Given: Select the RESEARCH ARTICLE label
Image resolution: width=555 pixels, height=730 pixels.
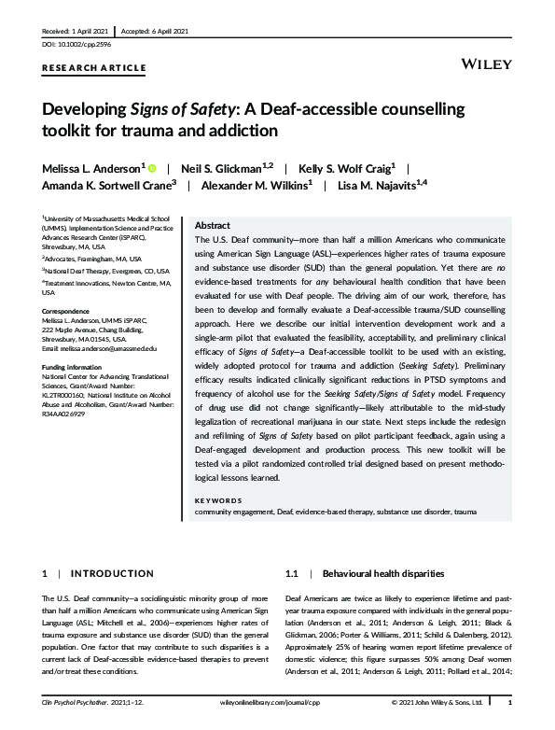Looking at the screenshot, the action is pos(94,68).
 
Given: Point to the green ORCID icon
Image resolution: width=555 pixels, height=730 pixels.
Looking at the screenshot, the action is pos(152,168).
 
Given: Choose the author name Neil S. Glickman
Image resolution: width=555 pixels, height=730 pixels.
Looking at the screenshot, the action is pos(225,168).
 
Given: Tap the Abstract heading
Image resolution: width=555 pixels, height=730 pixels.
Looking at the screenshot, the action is pos(212,225).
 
